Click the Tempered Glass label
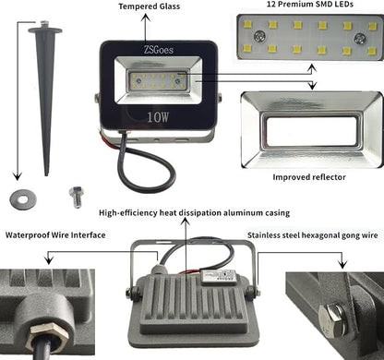[x=150, y=6]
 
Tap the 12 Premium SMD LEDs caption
[x=309, y=4]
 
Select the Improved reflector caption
[x=309, y=177]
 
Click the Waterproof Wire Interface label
[x=55, y=235]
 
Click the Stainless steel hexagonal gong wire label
[x=313, y=235]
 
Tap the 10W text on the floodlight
[x=158, y=117]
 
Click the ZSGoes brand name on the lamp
[x=159, y=50]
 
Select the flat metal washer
[x=23, y=199]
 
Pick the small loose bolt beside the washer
[x=77, y=197]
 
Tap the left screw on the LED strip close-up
[x=259, y=37]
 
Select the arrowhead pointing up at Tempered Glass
[x=145, y=18]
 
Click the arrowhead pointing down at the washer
[x=18, y=176]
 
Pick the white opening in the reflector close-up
[x=312, y=131]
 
